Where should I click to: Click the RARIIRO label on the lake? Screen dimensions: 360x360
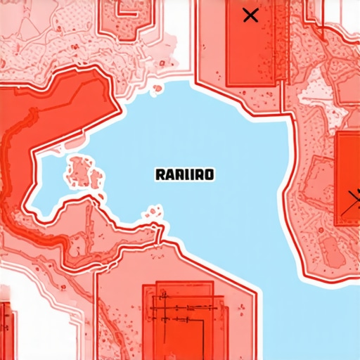point(184,174)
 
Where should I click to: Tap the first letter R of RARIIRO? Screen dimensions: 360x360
point(159,174)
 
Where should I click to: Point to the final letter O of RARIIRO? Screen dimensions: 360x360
point(210,174)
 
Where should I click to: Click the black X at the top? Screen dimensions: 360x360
point(250,15)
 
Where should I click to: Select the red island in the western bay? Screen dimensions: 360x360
point(84,173)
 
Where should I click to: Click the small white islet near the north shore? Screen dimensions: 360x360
point(157,87)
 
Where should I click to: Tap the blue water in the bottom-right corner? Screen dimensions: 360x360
point(316,323)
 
